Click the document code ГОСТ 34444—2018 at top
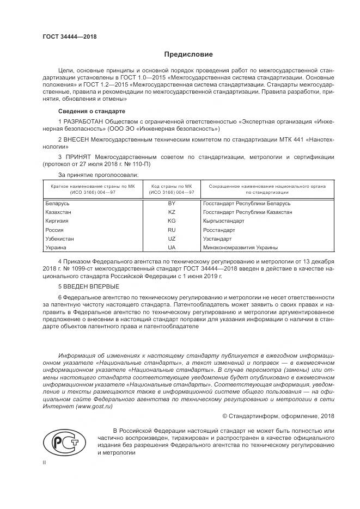pyautogui.click(x=66, y=38)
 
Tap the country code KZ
pyautogui.click(x=172, y=212)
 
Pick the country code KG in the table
pyautogui.click(x=172, y=221)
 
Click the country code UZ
pyautogui.click(x=172, y=238)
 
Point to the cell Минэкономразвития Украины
pyautogui.click(x=240, y=247)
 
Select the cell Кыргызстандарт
pyautogui.click(x=223, y=221)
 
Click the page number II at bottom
pyautogui.click(x=45, y=462)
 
